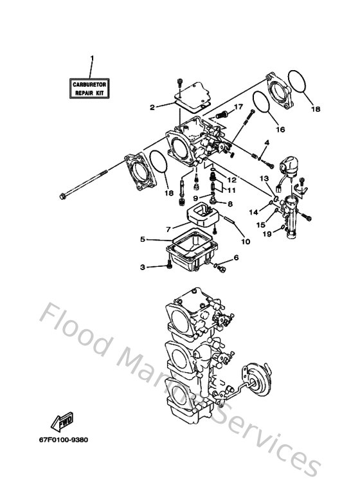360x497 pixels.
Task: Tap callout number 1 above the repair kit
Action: (x=91, y=59)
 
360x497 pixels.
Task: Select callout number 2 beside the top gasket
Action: (x=152, y=107)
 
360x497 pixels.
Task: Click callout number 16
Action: (x=280, y=129)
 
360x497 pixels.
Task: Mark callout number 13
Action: (x=264, y=177)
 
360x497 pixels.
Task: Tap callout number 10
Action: (x=245, y=242)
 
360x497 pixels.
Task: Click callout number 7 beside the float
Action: (x=168, y=228)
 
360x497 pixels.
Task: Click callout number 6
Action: (x=235, y=257)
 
